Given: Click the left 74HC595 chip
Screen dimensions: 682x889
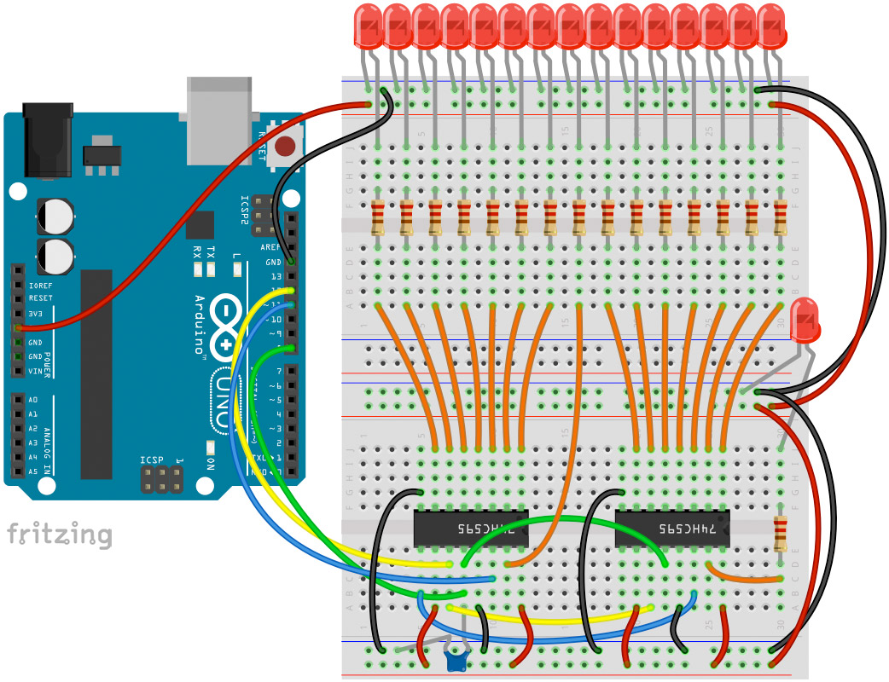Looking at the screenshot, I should (x=470, y=529).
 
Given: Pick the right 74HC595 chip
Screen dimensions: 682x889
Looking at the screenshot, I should (x=671, y=529).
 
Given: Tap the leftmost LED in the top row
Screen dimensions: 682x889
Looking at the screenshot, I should (x=369, y=26).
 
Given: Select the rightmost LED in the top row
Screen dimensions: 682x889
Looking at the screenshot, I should (x=771, y=26).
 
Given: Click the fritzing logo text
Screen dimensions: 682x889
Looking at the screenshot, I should (x=60, y=535).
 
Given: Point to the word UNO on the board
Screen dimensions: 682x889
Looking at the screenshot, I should (x=219, y=401).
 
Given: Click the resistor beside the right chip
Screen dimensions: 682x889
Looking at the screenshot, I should (x=780, y=533).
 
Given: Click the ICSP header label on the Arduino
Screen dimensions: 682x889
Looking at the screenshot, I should (x=152, y=460).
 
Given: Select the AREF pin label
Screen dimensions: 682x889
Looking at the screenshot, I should (x=271, y=247).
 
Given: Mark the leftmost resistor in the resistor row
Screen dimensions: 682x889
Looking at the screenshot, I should (x=379, y=217).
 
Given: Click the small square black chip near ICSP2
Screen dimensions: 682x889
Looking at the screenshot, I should (x=200, y=225).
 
